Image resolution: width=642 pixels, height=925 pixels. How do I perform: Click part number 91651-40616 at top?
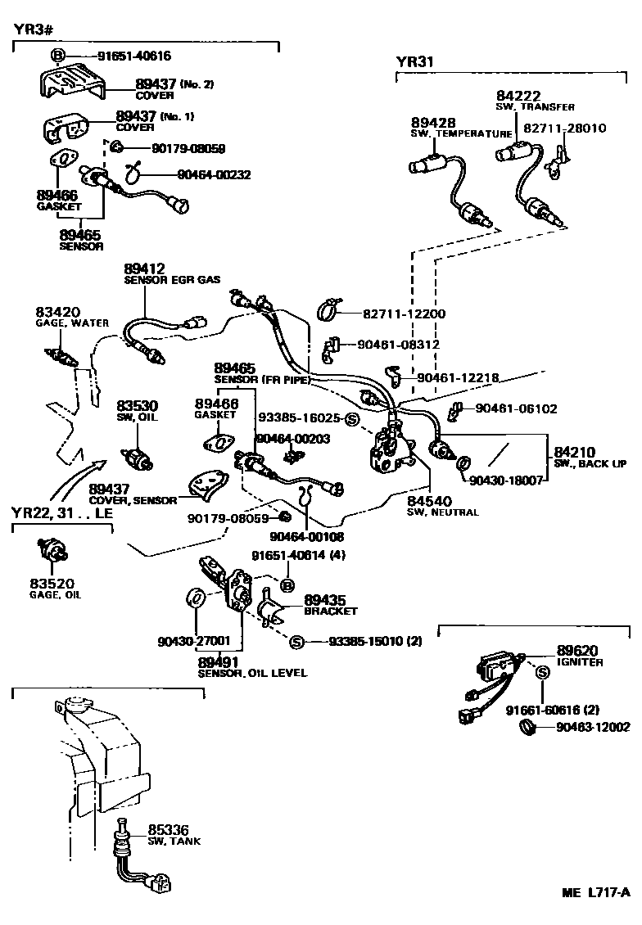pos(134,56)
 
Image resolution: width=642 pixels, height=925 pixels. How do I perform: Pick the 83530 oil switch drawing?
pos(136,460)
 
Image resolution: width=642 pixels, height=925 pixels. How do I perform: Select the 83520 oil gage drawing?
pos(52,552)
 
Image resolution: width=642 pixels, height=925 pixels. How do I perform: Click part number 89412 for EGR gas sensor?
pos(145,268)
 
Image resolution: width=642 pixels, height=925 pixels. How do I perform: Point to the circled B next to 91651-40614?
pos(287,584)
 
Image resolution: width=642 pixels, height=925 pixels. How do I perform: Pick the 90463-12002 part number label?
pos(593,727)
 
